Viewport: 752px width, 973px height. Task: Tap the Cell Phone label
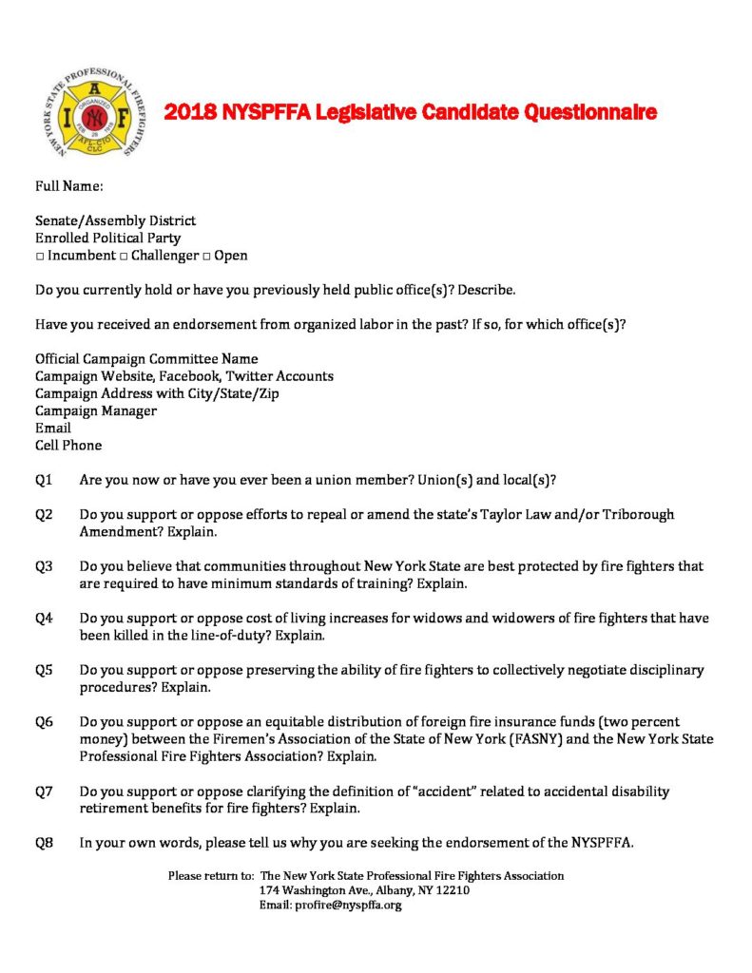tap(68, 445)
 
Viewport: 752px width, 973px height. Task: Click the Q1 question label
tap(44, 479)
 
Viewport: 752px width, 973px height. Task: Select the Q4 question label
tap(44, 618)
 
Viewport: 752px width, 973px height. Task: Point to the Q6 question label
tap(44, 722)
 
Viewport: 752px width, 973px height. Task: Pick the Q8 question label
tap(44, 843)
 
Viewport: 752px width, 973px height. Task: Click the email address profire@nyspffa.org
tap(347, 906)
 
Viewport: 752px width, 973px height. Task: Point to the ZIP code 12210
tap(451, 890)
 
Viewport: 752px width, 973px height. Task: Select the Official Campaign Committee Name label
tap(146, 359)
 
